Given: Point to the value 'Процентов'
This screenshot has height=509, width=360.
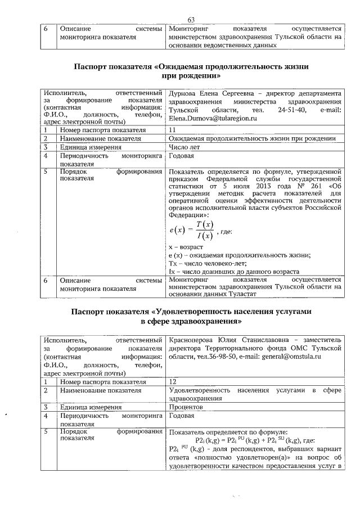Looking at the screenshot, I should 186,407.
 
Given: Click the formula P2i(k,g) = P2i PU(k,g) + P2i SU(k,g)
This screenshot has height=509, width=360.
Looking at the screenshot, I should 254,440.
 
